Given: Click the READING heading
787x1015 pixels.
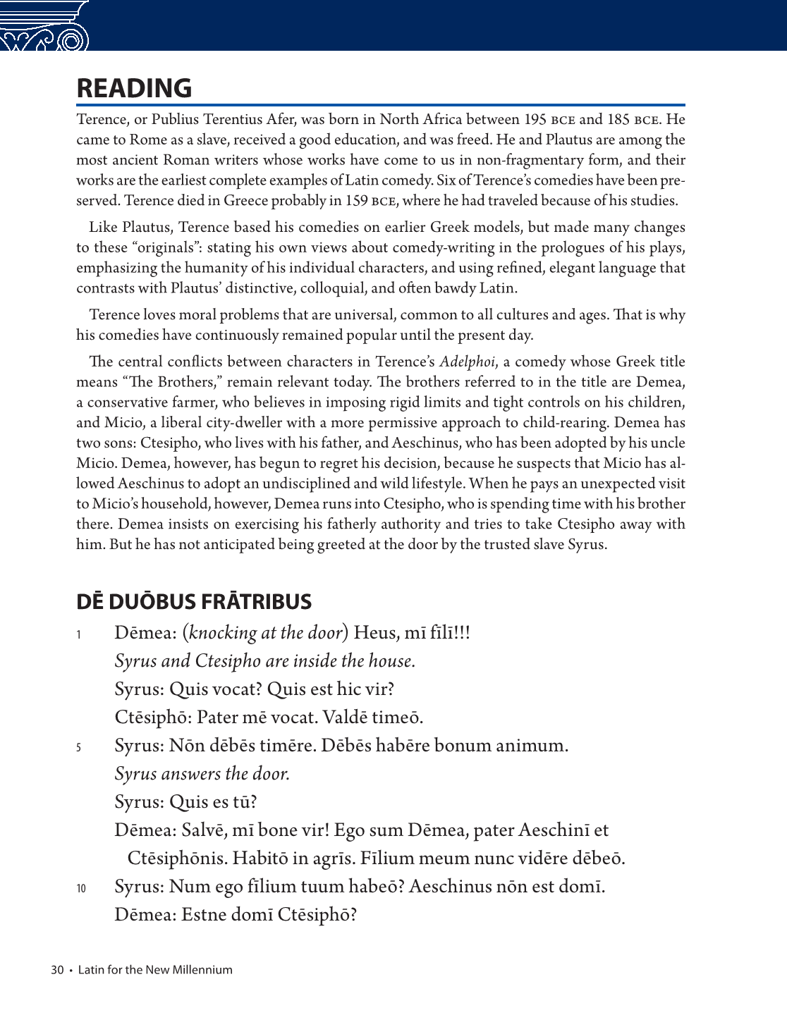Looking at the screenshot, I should [x=134, y=89].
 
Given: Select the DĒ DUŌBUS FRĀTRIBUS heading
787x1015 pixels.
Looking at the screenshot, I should [x=194, y=602].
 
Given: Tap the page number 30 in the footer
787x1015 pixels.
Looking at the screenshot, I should [x=57, y=970].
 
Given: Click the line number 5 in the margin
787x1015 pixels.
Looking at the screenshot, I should [x=79, y=748].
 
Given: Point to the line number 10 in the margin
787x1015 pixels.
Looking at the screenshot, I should [x=81, y=889].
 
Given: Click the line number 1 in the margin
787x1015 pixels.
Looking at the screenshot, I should [x=79, y=635].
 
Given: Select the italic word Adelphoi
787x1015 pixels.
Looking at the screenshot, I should [x=467, y=362].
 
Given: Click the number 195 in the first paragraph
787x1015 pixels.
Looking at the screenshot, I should [x=535, y=120].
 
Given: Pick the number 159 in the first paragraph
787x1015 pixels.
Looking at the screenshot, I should [x=356, y=201].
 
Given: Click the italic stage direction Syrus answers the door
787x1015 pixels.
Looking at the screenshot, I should [x=202, y=774].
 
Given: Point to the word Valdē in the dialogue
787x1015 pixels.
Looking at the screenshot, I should [x=343, y=718].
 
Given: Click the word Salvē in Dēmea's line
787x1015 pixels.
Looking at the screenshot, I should [x=205, y=830].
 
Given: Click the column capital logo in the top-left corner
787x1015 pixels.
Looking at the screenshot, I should [x=44, y=27].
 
